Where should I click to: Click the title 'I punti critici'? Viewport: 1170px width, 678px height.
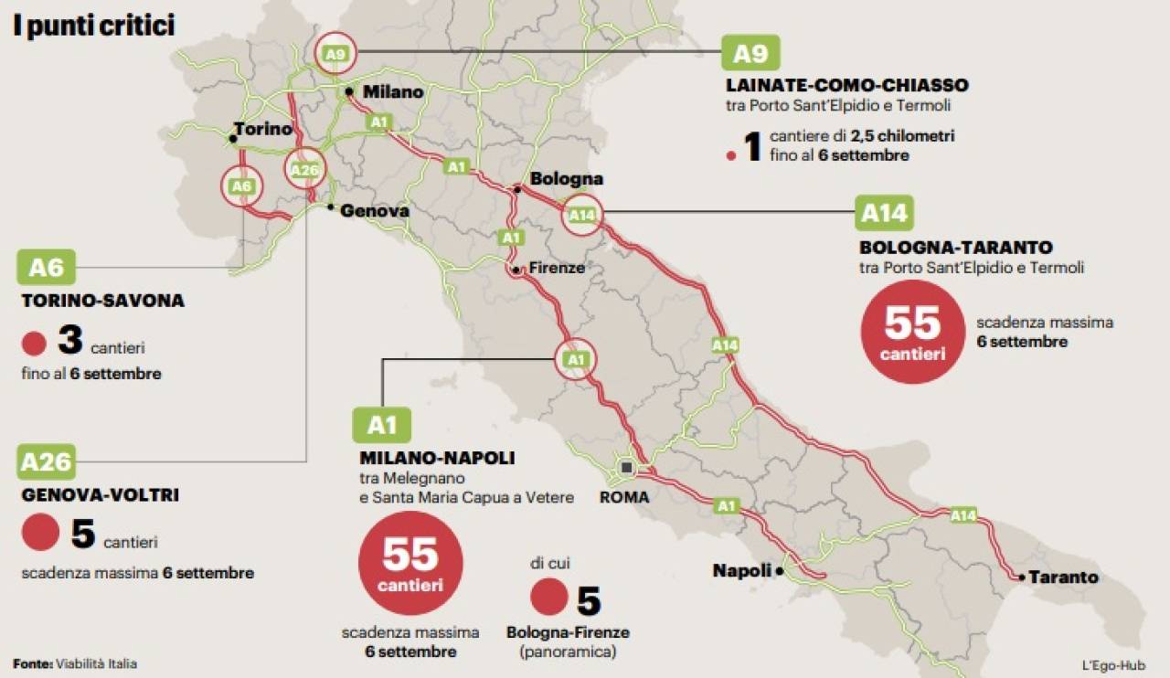[93, 26]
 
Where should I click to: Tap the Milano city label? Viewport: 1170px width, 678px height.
[393, 91]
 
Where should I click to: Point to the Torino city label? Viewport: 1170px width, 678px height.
[262, 129]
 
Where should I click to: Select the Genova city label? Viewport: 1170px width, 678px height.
[374, 210]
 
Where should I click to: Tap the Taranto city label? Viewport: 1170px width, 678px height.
[1063, 577]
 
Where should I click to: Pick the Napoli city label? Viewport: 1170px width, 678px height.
[742, 571]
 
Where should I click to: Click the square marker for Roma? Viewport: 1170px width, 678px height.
[626, 468]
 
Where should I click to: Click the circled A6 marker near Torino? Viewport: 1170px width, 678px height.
[241, 186]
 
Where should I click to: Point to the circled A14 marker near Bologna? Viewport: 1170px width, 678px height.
[582, 216]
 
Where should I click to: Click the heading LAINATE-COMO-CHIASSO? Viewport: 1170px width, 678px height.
[846, 85]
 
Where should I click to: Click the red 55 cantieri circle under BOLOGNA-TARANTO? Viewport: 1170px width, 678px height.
[912, 332]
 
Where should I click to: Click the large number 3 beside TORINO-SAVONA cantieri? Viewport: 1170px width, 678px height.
[70, 341]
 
